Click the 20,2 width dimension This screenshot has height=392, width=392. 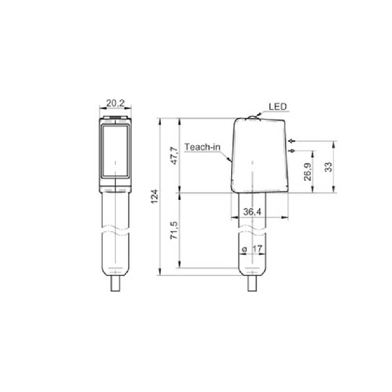click(115, 104)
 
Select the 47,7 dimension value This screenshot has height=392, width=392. click(174, 155)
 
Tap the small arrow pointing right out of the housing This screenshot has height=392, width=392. click(292, 150)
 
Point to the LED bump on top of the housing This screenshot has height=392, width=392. click(252, 119)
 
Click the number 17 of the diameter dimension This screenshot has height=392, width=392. click(257, 250)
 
